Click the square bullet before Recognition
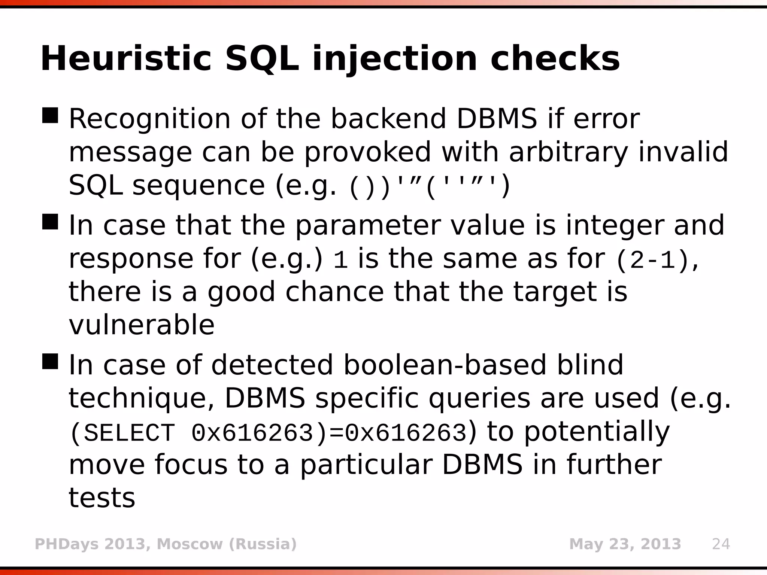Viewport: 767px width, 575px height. tap(50, 115)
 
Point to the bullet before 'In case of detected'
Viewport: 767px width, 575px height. tap(50, 361)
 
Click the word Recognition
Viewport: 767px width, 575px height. tap(149, 119)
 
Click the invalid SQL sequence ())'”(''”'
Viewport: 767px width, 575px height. tap(430, 186)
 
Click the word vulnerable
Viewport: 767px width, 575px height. tap(142, 325)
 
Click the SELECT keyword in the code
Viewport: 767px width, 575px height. tap(129, 433)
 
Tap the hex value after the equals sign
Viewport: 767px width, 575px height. tap(406, 433)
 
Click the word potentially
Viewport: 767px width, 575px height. tap(597, 432)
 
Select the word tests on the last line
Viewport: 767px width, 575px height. tap(101, 498)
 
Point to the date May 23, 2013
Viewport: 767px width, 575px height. tap(625, 544)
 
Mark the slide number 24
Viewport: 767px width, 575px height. tap(721, 544)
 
